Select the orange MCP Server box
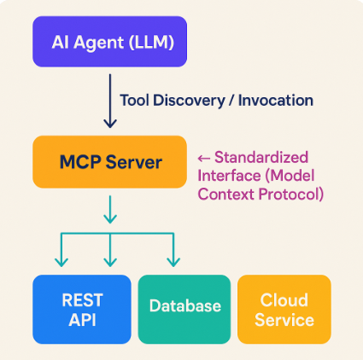[x=109, y=162]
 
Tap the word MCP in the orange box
[x=80, y=162]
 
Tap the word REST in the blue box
[x=82, y=300]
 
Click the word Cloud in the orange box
[x=284, y=300]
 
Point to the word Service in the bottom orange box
[x=284, y=320]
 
